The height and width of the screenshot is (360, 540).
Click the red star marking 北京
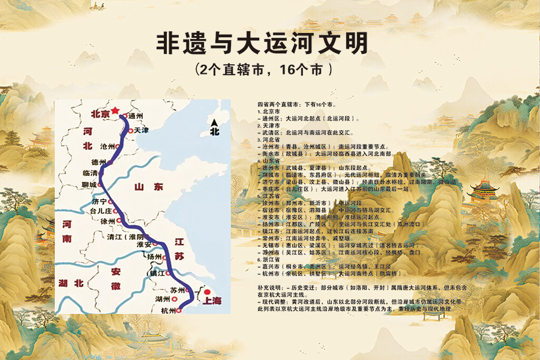(x=115, y=103)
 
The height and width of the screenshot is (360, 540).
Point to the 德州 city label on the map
(x=98, y=162)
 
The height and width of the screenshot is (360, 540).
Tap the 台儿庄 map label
(x=100, y=211)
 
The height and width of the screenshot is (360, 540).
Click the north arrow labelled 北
(x=214, y=128)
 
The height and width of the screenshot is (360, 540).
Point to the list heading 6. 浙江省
(x=267, y=259)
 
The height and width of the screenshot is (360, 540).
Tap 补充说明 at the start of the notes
(x=268, y=288)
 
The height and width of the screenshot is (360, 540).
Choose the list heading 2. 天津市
(x=267, y=125)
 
